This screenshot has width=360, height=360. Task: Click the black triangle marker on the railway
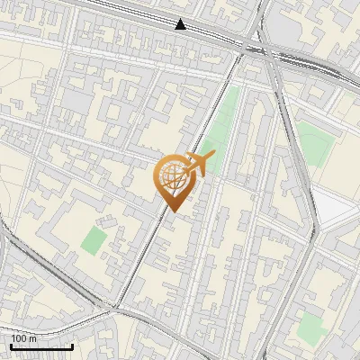181,24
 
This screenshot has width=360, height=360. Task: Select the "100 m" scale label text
24,338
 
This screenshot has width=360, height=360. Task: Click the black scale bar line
41,346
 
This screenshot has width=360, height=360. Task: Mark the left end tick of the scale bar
12,346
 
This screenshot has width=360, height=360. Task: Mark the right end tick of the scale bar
72,346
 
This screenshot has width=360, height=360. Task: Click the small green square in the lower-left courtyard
94,239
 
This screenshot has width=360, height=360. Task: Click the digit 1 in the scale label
14,338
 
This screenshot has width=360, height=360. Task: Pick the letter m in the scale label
34,339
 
